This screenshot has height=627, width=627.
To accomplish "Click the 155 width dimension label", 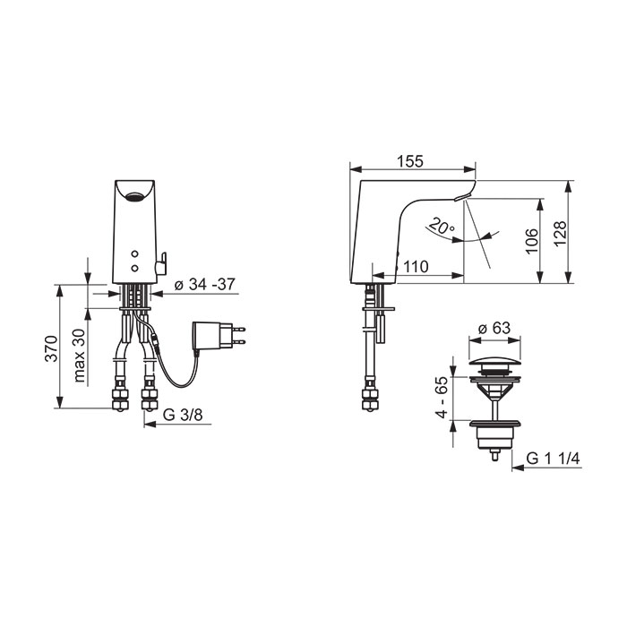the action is pyautogui.click(x=410, y=161).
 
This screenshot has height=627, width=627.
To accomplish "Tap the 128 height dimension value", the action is pyautogui.click(x=561, y=234).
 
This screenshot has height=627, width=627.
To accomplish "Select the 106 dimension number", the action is pyautogui.click(x=532, y=241).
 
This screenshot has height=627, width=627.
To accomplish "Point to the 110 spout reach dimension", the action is pyautogui.click(x=416, y=266).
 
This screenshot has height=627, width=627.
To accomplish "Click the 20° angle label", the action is pyautogui.click(x=441, y=227).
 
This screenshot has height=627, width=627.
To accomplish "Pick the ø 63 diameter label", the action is pyautogui.click(x=494, y=328).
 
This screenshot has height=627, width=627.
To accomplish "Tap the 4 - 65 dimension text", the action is pyautogui.click(x=442, y=397).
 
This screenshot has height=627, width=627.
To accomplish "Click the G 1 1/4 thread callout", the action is pyautogui.click(x=553, y=459).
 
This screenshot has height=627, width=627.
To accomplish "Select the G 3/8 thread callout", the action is pyautogui.click(x=183, y=415).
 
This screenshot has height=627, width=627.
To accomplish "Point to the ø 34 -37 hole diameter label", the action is pyautogui.click(x=205, y=284).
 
